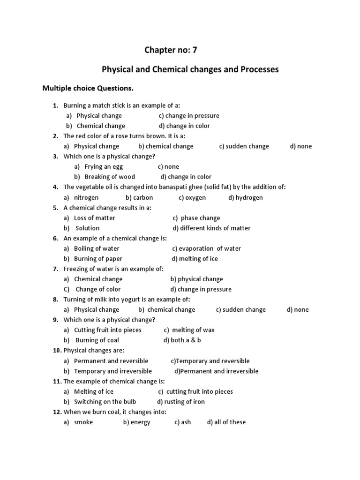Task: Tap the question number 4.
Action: pos(55,187)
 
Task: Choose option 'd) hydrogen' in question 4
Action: pos(246,197)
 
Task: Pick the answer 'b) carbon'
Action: pos(139,197)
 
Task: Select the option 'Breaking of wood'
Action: pos(110,177)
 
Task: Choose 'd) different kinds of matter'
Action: pos(211,228)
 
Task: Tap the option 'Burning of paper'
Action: pos(98,259)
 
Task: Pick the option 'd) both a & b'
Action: pos(182,340)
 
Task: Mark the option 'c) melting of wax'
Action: pos(189,330)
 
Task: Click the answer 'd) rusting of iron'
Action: pos(181,402)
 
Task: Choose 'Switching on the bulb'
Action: pos(105,402)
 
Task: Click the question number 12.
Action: pos(57,412)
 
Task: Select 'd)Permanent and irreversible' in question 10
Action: pos(216,371)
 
